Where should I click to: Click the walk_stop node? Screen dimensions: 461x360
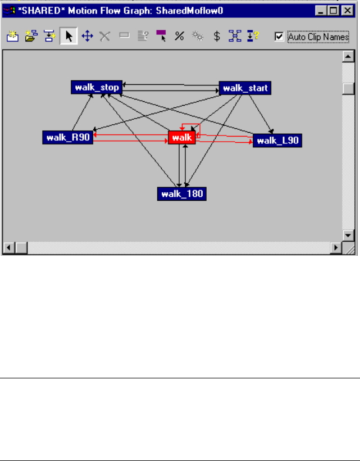(95, 88)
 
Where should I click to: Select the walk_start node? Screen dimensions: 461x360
(245, 88)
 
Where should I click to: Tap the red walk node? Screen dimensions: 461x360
(182, 137)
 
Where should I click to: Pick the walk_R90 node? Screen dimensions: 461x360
(67, 137)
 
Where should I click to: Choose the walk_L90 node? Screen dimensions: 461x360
(277, 141)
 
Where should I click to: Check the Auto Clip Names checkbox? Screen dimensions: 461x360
(279, 37)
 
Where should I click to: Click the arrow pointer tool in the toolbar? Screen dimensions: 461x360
(69, 37)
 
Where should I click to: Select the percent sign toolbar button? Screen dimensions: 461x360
(179, 37)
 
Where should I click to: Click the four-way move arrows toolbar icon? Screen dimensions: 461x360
(87, 37)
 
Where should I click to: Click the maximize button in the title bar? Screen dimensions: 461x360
(334, 10)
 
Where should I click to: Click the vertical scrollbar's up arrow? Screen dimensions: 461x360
(348, 57)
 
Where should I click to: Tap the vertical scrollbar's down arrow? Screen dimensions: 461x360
(348, 236)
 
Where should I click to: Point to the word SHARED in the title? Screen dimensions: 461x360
(39, 10)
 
